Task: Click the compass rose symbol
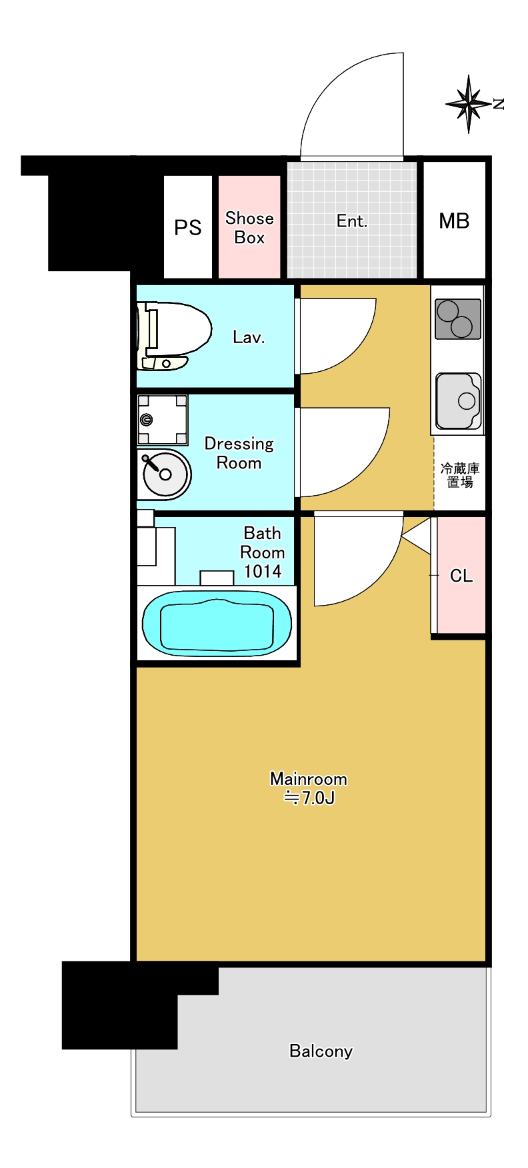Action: tap(469, 104)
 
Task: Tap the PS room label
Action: tap(187, 228)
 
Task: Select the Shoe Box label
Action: tap(249, 228)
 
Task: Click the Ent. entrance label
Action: tap(352, 221)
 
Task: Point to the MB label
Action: tap(454, 221)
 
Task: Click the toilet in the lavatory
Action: tap(173, 336)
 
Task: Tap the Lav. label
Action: tap(249, 337)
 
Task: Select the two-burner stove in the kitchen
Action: tap(458, 319)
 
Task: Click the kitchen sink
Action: tap(459, 401)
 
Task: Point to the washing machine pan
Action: tap(162, 420)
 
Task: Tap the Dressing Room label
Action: tap(239, 453)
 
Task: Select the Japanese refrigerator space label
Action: tap(460, 475)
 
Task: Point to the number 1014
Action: tap(263, 572)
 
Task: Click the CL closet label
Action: tap(461, 576)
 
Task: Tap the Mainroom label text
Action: tap(309, 779)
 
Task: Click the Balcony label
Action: tap(321, 1051)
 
